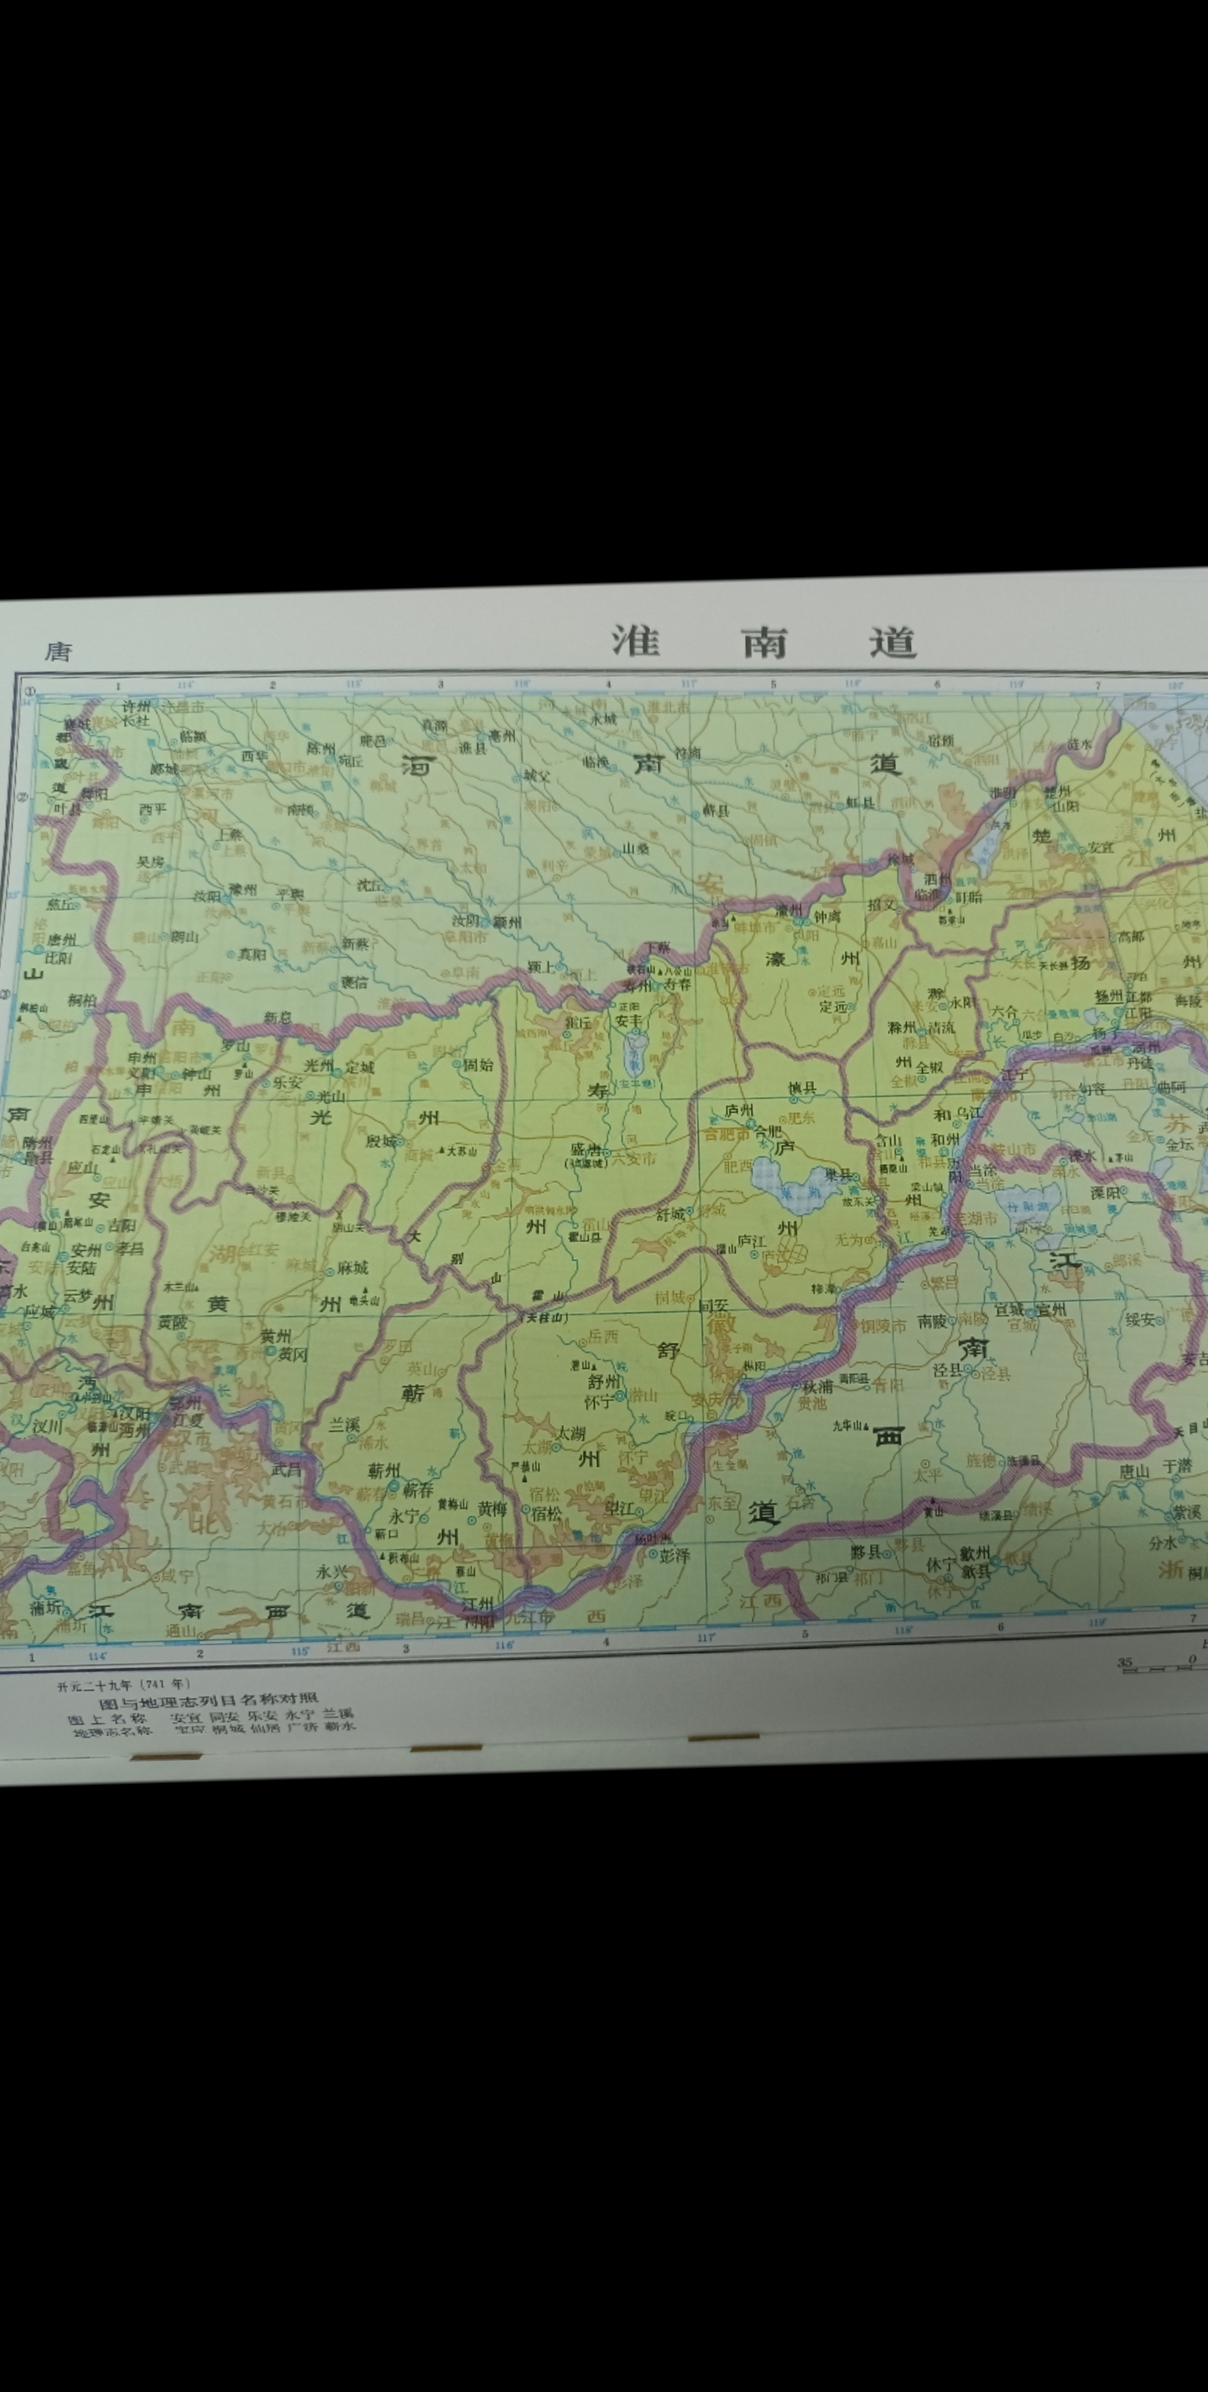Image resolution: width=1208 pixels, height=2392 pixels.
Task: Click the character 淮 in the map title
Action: click(635, 641)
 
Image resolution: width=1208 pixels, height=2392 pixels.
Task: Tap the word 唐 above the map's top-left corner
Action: click(58, 651)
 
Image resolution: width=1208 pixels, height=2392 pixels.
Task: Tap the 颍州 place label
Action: click(507, 922)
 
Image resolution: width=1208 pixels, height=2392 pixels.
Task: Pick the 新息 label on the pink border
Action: click(278, 1017)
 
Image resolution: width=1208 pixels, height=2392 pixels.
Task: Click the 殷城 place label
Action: click(382, 1141)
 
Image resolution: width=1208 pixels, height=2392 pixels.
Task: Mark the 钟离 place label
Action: click(826, 916)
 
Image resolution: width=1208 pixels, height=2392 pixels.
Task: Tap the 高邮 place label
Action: click(1131, 937)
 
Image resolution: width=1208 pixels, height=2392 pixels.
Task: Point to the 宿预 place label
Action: click(940, 740)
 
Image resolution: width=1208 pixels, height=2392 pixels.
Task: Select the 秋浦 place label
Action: click(817, 1387)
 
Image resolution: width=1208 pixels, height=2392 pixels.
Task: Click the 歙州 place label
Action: click(975, 1552)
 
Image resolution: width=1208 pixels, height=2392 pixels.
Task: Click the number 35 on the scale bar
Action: click(1124, 1662)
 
